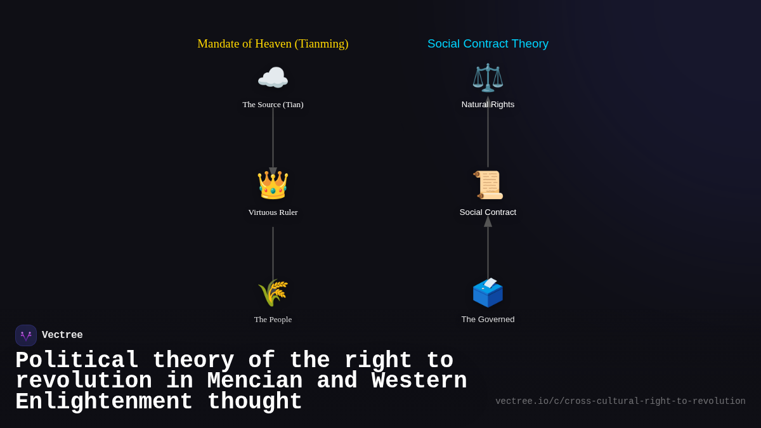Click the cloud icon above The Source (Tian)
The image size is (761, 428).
pyautogui.click(x=273, y=78)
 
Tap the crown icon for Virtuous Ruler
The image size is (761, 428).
pyautogui.click(x=273, y=185)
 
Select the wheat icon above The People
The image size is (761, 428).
pyautogui.click(x=273, y=292)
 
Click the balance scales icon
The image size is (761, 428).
pyautogui.click(x=488, y=78)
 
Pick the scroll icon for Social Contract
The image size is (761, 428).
pyautogui.click(x=488, y=185)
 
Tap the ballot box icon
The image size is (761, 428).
pyautogui.click(x=488, y=292)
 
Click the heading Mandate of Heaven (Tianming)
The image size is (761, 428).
pyautogui.click(x=273, y=44)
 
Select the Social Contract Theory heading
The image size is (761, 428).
pyautogui.click(x=488, y=44)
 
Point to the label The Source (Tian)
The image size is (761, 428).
pyautogui.click(x=273, y=105)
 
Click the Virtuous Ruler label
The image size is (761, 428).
pyautogui.click(x=273, y=212)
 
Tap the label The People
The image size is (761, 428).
pyautogui.click(x=273, y=320)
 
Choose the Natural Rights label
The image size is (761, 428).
pyautogui.click(x=488, y=105)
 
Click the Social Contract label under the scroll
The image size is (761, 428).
pyautogui.click(x=488, y=212)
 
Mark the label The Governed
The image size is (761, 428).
pyautogui.click(x=488, y=320)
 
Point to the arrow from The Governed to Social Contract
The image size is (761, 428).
pyautogui.click(x=488, y=250)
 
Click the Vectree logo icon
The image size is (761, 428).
pyautogui.click(x=26, y=335)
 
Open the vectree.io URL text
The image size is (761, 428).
pyautogui.click(x=620, y=401)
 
